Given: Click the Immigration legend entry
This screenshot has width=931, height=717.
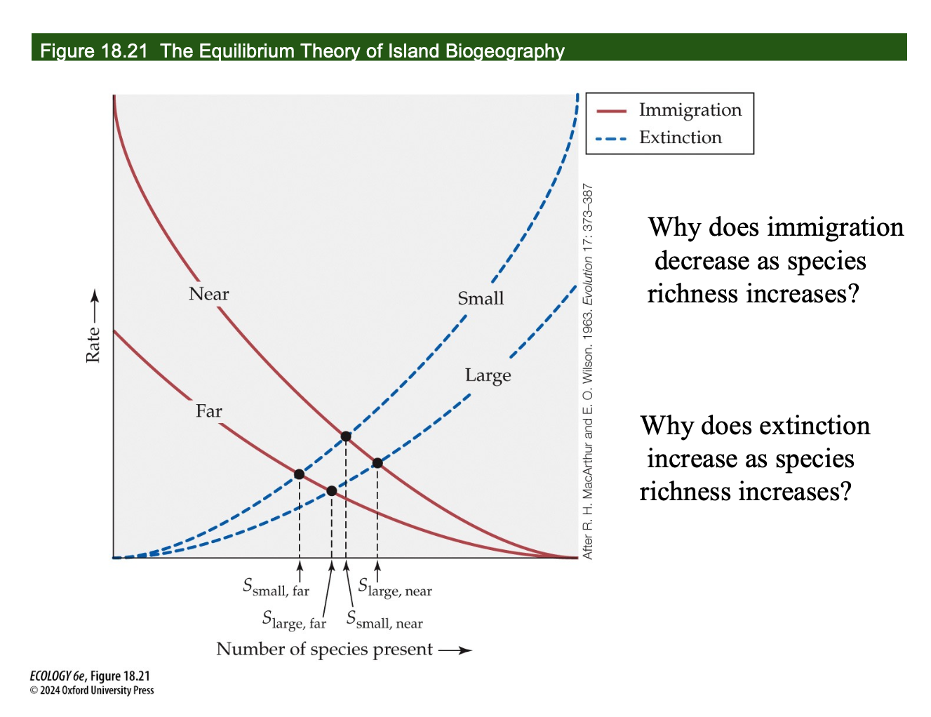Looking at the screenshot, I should [690, 110].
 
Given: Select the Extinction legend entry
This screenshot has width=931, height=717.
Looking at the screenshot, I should [680, 138].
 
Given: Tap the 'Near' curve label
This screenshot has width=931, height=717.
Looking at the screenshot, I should [208, 294].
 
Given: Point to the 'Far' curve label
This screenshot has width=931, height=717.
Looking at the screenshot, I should [208, 411].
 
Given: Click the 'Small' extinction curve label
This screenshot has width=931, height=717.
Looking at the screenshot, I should [481, 299].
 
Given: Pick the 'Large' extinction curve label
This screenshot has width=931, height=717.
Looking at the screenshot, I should [488, 376].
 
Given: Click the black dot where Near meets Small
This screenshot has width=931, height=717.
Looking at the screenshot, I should [346, 436].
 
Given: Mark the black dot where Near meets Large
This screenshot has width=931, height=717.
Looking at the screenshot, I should [377, 462].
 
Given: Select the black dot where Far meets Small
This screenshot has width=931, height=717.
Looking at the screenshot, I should [300, 474].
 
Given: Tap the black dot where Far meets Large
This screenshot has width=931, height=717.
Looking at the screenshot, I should [332, 491].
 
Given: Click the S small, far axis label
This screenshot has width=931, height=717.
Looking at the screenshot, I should [276, 587].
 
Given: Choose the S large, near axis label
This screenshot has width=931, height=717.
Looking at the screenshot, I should [395, 587].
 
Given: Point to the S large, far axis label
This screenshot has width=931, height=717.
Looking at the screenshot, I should [294, 620].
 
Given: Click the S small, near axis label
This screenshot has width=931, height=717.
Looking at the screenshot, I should [384, 620].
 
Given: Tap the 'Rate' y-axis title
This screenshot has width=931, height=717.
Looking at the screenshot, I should [93, 345].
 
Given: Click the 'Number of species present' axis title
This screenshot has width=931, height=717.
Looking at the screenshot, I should [324, 649].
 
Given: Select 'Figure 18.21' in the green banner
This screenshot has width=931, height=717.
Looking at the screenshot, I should [94, 51].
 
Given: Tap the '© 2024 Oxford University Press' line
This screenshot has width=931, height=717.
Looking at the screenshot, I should [92, 690].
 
